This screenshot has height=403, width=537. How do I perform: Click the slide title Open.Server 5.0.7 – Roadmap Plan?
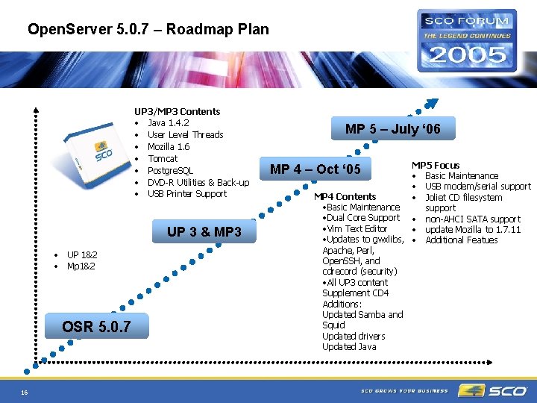coord(148,30)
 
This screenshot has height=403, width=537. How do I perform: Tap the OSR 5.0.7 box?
coord(97,326)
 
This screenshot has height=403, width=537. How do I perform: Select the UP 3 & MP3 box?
coord(204,232)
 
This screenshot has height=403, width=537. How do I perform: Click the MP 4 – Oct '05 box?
coord(315,169)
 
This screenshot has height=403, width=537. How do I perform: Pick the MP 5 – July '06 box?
coord(392,129)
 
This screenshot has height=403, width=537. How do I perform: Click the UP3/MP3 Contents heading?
coord(177,111)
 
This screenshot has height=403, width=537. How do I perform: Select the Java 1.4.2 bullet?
coord(168,122)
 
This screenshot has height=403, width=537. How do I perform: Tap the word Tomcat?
coord(162,158)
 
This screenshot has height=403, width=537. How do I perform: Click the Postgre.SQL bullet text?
coord(170,170)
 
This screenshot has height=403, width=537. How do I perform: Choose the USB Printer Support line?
coord(186,194)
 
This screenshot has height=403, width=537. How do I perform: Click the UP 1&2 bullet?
coord(82,254)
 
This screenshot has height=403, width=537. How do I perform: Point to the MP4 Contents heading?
coord(345,196)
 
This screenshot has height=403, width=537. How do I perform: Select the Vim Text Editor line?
coord(356,228)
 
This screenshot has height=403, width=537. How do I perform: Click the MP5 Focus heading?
coord(436,165)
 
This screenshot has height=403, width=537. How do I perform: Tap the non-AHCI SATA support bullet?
coord(472,219)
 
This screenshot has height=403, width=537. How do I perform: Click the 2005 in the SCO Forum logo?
coord(468,54)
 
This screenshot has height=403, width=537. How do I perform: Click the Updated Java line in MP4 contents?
coord(349,346)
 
